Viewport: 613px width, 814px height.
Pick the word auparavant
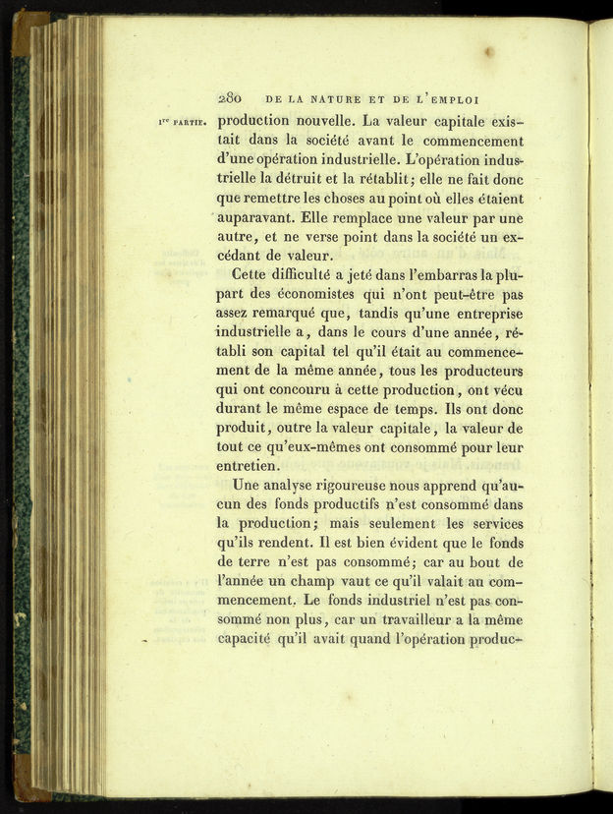click(258, 217)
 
